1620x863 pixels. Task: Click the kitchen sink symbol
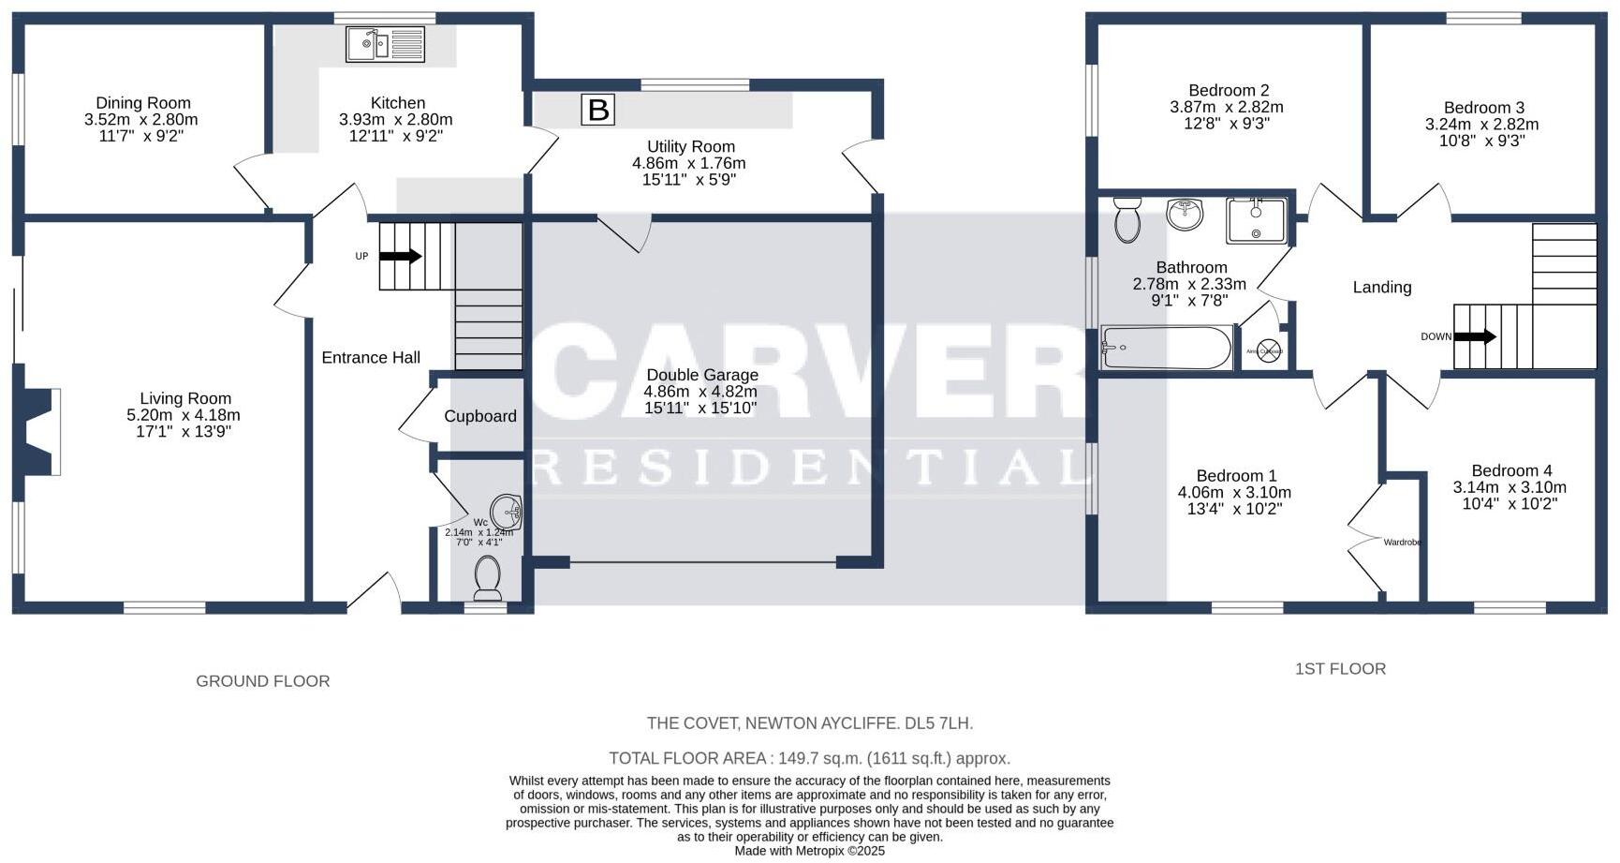[385, 44]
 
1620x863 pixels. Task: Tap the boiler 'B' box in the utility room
[597, 110]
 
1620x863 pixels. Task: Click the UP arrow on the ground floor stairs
[401, 256]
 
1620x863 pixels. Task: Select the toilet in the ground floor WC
[487, 577]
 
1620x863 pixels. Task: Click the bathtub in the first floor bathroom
[1166, 349]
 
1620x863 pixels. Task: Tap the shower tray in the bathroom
[1256, 220]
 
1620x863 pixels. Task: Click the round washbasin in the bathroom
[1185, 214]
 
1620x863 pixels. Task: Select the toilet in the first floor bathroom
[1127, 220]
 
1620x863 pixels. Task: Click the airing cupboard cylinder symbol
[1268, 351]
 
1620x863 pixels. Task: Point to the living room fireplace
[39, 431]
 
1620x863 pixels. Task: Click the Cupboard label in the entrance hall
[480, 416]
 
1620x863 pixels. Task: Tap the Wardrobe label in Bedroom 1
[1402, 543]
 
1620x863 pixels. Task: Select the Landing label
[1381, 288]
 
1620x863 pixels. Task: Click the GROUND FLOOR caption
[262, 681]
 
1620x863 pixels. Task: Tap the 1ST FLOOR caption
[1340, 669]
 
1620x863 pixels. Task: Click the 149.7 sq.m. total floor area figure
[809, 759]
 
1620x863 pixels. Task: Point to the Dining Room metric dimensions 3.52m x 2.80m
[140, 120]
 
